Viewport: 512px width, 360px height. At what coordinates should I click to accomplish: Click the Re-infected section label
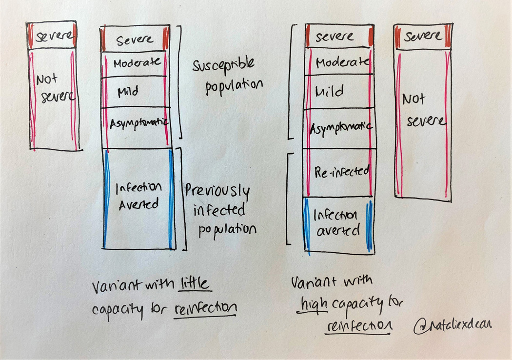341,172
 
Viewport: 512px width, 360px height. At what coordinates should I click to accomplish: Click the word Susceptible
223,65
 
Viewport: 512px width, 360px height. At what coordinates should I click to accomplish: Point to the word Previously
217,191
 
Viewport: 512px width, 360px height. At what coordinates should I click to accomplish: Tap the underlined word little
195,283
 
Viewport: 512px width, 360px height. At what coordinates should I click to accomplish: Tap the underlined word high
314,304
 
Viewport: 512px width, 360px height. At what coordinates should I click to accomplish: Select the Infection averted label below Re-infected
336,223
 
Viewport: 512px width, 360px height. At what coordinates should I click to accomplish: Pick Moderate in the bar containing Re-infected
342,62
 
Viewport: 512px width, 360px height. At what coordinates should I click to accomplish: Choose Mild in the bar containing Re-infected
329,91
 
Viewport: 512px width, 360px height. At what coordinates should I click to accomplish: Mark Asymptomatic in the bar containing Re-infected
340,128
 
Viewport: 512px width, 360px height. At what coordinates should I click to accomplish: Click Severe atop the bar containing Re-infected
335,36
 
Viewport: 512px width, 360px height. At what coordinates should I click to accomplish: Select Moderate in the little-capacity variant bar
137,62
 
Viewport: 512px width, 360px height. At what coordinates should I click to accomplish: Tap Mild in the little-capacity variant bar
128,92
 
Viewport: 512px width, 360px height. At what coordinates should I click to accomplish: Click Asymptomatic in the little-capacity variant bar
139,123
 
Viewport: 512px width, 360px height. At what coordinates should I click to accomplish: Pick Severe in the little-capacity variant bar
135,40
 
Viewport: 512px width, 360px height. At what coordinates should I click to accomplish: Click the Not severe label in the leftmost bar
55,87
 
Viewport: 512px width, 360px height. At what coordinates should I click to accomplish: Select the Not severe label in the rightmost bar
424,110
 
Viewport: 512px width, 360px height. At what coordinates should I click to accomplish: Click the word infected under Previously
219,209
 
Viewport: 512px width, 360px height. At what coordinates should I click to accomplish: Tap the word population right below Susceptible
234,86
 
